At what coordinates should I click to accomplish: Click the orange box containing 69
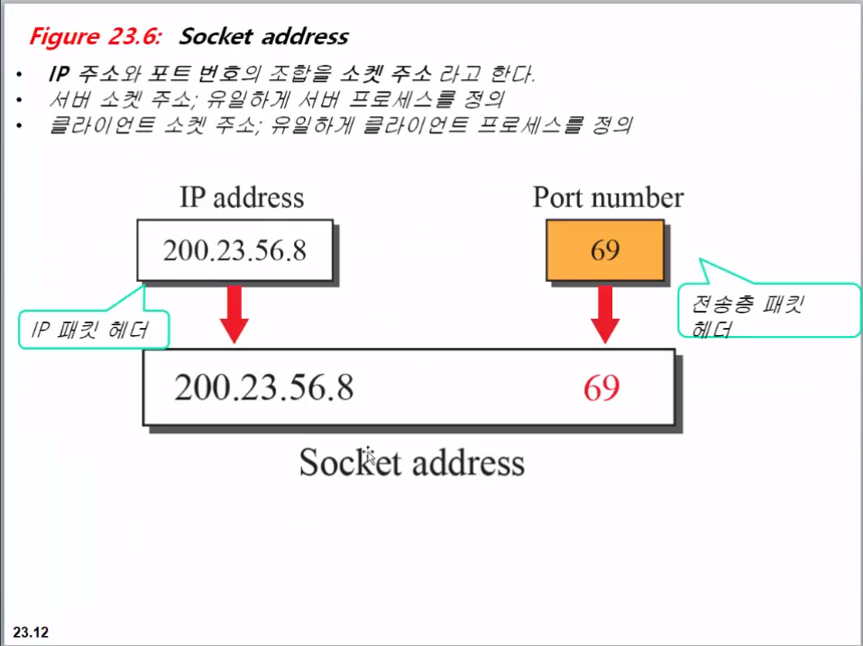coord(604,250)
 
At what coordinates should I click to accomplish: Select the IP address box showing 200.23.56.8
coord(234,250)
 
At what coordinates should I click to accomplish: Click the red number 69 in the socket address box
coord(601,387)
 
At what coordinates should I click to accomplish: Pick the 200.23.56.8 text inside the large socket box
coord(263,387)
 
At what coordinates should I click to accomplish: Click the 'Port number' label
coord(608,197)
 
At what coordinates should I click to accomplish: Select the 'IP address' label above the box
coord(242,197)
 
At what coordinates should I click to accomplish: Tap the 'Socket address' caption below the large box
coord(411,462)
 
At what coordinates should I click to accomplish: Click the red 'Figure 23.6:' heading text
coord(95,37)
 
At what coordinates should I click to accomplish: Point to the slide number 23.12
coord(31,632)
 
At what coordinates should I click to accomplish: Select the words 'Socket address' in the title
coord(263,37)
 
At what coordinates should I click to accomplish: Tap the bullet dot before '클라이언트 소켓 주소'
coord(20,125)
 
